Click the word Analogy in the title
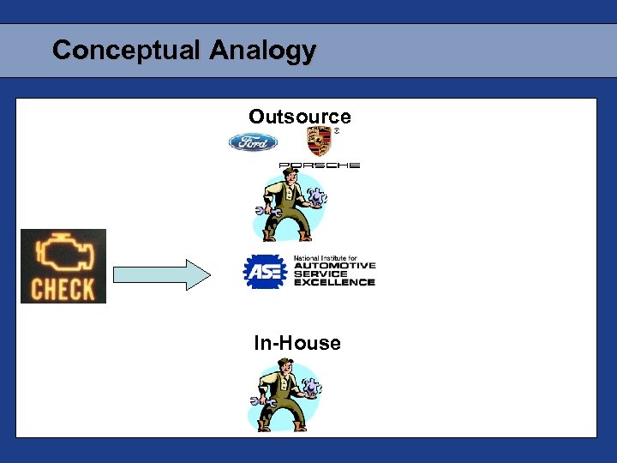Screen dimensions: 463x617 pyautogui.click(x=262, y=51)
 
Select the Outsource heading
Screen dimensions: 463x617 pyautogui.click(x=300, y=117)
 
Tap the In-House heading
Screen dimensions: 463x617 pyautogui.click(x=297, y=344)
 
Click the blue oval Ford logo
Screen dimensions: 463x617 pyautogui.click(x=253, y=142)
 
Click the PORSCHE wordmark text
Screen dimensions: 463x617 pyautogui.click(x=319, y=165)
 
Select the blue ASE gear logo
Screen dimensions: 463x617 pyautogui.click(x=265, y=272)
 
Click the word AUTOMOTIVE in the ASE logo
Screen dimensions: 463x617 pyautogui.click(x=334, y=266)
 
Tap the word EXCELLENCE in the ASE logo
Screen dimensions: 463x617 pyautogui.click(x=334, y=282)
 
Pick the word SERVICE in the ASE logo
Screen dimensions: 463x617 pyautogui.click(x=320, y=274)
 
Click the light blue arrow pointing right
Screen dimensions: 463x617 pyautogui.click(x=162, y=274)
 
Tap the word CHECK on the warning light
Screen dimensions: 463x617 pyautogui.click(x=63, y=289)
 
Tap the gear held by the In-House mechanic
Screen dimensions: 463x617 pyautogui.click(x=312, y=388)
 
